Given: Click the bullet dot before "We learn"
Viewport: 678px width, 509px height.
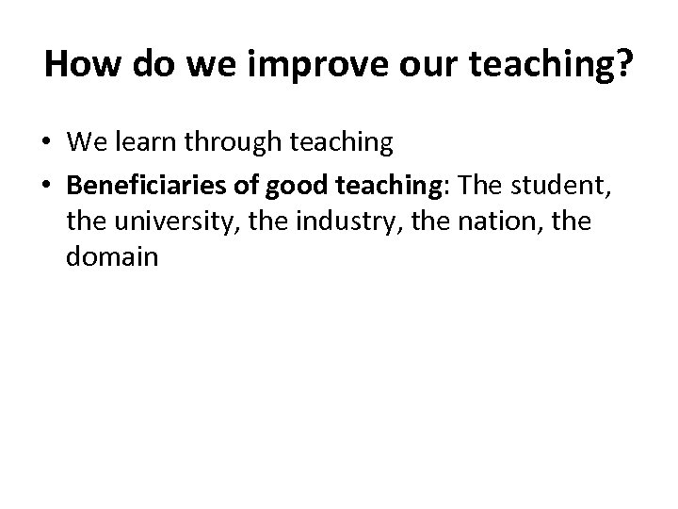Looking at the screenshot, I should (x=47, y=142).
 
